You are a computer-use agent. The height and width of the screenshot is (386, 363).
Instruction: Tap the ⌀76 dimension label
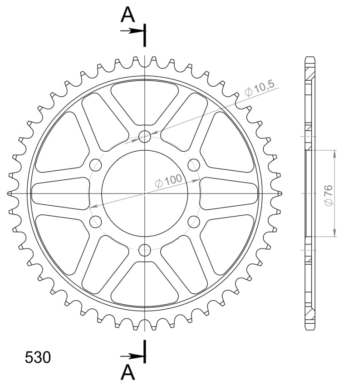(x=329, y=195)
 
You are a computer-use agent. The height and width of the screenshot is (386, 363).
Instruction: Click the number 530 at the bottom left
(x=38, y=357)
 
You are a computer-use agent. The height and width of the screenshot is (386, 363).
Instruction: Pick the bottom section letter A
(x=128, y=372)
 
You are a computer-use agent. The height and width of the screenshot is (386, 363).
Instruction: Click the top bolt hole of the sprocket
(x=145, y=137)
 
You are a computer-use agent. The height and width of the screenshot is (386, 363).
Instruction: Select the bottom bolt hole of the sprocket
(x=145, y=250)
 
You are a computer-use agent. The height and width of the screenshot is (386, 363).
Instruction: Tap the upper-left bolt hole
(x=95, y=165)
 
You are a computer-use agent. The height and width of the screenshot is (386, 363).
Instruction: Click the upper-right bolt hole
(x=194, y=165)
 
